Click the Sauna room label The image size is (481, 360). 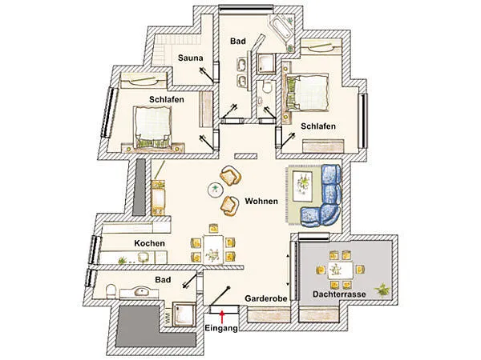coord(189,58)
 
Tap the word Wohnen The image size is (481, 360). coord(262,201)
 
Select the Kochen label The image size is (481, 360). coord(150,242)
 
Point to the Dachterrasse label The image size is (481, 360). coord(340,295)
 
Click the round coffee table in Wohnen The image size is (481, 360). coord(216,190)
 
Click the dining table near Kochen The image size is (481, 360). coord(212,248)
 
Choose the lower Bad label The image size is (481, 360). coord(164,280)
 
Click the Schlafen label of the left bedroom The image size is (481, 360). coord(167,99)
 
